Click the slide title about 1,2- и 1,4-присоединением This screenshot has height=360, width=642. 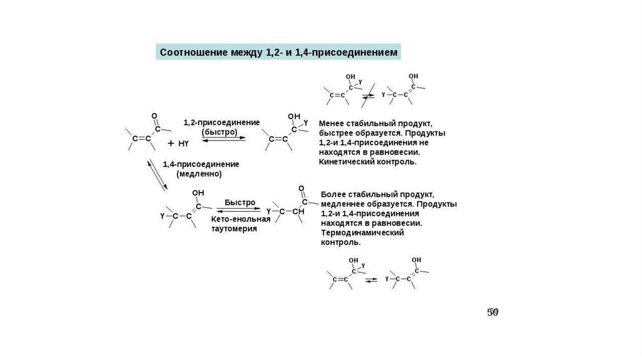point(278,52)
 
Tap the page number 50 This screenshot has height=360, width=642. point(493,312)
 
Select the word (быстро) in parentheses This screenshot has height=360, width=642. point(219,132)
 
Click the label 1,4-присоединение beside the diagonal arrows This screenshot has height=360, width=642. point(201,164)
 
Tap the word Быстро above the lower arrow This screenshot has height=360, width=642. point(240,203)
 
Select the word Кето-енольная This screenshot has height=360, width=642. point(241,219)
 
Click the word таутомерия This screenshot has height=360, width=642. point(234,229)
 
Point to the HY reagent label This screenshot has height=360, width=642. point(183,144)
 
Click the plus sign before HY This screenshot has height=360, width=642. point(170,143)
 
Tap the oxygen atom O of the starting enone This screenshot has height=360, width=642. point(154,116)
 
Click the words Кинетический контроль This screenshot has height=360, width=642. point(367,162)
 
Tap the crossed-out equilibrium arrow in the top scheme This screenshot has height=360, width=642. point(369,95)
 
